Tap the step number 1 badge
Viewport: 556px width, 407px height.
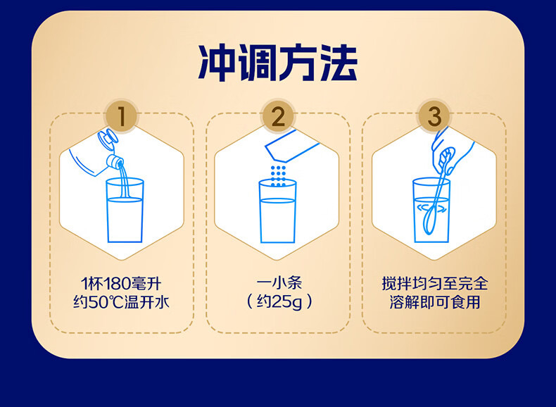click(x=122, y=117)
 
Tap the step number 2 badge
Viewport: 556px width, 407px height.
click(x=278, y=117)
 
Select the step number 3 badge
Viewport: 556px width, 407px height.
click(x=434, y=117)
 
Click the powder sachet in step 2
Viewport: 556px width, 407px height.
click(x=292, y=151)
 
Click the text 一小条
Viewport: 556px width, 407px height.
click(x=278, y=284)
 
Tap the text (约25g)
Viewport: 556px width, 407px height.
click(x=278, y=303)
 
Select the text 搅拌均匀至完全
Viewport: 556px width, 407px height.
click(x=434, y=284)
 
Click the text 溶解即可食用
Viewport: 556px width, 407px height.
click(x=434, y=303)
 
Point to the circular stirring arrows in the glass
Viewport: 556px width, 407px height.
click(x=432, y=208)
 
